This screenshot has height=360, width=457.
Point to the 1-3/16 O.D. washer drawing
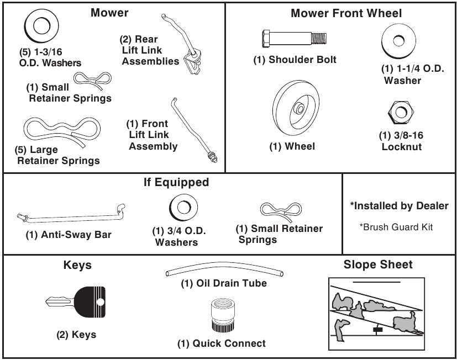tap(39, 25)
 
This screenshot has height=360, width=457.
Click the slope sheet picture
tap(377, 313)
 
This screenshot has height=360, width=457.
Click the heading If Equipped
tap(176, 182)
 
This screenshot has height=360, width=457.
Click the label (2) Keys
tap(76, 334)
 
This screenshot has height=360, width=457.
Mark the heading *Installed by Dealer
tap(399, 205)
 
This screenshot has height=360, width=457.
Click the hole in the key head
tap(100, 301)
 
